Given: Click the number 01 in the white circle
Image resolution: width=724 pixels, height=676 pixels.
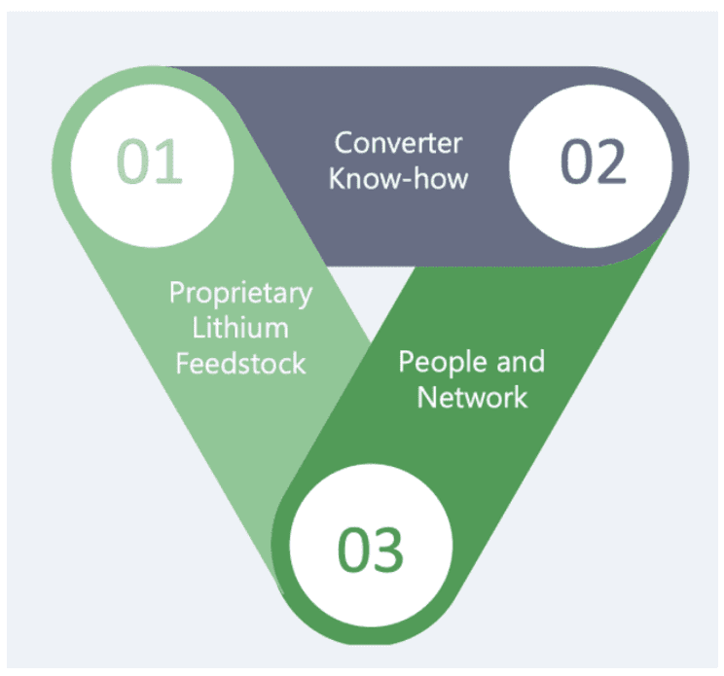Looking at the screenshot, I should pos(150,161).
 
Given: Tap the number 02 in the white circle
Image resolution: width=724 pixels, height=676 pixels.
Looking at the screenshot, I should pos(593,162).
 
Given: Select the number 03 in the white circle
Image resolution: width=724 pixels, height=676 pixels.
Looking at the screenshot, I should pos(370,550).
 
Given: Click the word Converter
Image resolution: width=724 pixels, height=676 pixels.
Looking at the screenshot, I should pos(398,143).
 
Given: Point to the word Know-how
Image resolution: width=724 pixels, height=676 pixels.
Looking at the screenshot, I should pos(398,179).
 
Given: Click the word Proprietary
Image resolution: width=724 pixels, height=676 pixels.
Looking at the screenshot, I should pos(240,293).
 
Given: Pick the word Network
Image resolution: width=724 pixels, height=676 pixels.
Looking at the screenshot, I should pos(472,397).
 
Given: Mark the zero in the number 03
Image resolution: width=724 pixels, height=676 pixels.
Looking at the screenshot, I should pos(352,550).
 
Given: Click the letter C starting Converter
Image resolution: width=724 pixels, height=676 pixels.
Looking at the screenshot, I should pos(343,143).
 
